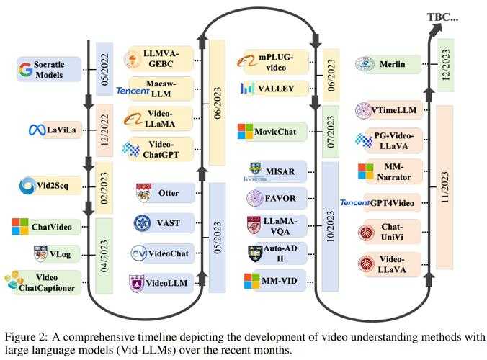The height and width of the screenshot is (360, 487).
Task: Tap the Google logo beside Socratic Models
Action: [x=27, y=69]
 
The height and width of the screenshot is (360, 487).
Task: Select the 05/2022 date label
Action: [x=104, y=68]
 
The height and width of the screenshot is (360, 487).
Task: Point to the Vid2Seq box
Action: [x=50, y=186]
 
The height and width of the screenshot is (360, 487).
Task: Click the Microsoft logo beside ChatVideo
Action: [x=20, y=228]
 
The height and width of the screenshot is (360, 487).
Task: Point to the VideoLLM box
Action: [x=164, y=283]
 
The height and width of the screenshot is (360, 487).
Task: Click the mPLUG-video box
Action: [x=274, y=62]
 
